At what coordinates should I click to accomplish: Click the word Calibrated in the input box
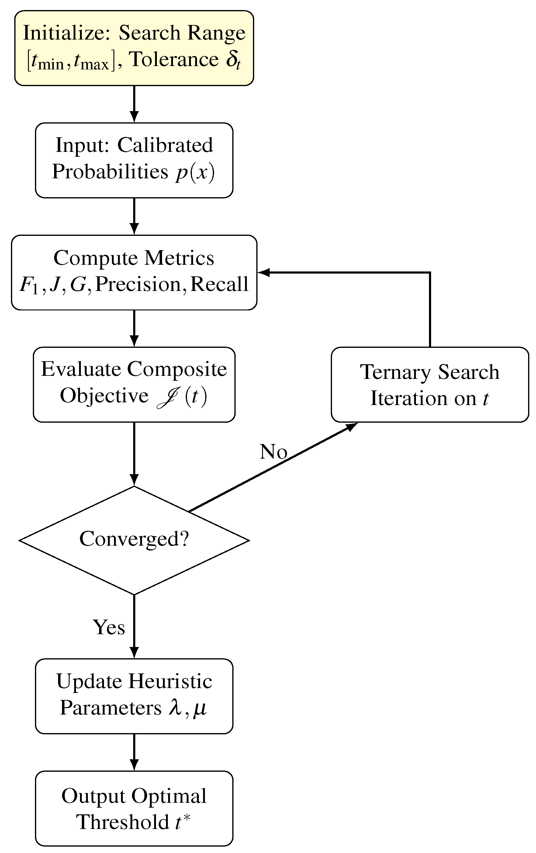[x=165, y=145]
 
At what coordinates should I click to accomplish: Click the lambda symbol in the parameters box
[x=175, y=708]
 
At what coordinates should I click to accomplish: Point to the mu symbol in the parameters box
[x=200, y=708]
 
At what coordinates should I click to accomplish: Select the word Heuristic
[x=170, y=681]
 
